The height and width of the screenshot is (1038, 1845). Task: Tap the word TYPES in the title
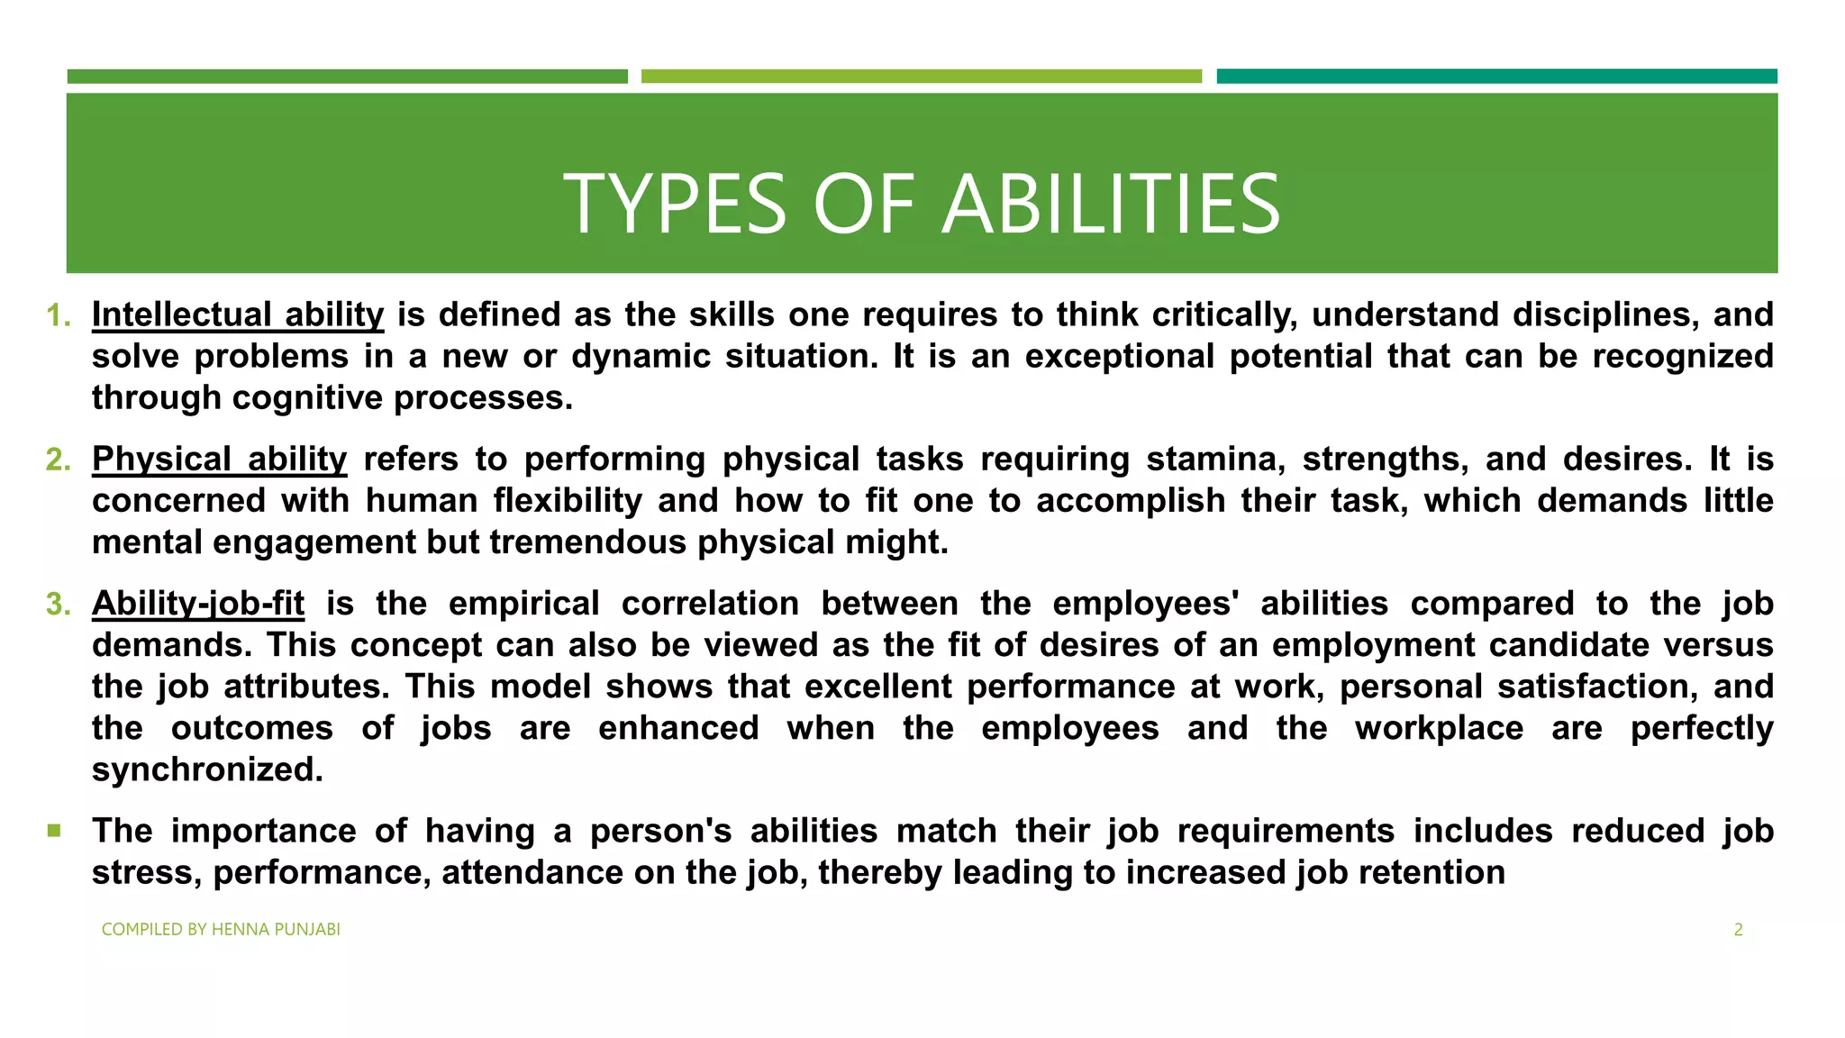[675, 205]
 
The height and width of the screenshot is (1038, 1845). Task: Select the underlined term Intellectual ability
[238, 314]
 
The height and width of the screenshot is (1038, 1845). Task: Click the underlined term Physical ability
[219, 460]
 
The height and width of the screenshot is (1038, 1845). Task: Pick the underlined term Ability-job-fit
[198, 604]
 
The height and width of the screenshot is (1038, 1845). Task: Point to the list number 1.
[58, 315]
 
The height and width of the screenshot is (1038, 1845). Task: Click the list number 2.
[58, 460]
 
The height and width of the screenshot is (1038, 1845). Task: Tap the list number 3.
[58, 605]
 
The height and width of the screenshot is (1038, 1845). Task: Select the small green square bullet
[55, 830]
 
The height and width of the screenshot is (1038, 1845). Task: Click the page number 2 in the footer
[1738, 930]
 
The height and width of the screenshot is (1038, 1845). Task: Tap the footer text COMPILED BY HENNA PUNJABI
[221, 930]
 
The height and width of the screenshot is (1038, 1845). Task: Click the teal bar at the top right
[1496, 77]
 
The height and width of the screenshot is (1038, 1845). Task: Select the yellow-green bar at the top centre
[921, 77]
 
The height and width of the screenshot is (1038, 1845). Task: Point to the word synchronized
[207, 769]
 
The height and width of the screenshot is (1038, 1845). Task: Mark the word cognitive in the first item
[307, 397]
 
